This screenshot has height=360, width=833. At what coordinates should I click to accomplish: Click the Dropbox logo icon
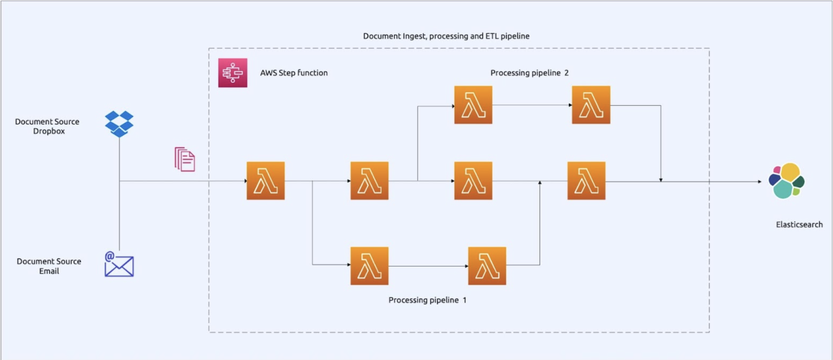pos(119,124)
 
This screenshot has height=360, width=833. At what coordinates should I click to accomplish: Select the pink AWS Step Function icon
pos(232,73)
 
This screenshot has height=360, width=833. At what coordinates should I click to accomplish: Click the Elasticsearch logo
pos(787,181)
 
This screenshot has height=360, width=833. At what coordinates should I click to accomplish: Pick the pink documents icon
pos(185,159)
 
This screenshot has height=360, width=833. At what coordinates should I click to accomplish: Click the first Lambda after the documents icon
pos(266,181)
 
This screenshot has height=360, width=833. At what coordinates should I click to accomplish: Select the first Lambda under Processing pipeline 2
pos(473,105)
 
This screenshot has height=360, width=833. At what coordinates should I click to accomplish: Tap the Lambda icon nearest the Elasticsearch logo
pos(586,181)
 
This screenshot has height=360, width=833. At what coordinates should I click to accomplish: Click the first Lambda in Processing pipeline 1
pos(369,266)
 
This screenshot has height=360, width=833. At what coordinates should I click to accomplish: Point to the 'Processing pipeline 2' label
pos(529,73)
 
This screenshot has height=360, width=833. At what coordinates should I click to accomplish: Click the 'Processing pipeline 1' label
pos(427,300)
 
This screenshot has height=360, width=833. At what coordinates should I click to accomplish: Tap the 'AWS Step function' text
pos(294,73)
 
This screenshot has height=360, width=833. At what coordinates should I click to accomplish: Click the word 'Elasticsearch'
pos(799,225)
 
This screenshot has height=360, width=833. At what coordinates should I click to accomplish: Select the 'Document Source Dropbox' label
pos(47,126)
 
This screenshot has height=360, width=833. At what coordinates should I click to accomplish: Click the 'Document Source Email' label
pos(49,266)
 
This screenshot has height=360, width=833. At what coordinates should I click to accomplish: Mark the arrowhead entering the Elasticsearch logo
pos(759,182)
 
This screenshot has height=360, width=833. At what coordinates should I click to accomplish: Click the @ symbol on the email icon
pos(110,256)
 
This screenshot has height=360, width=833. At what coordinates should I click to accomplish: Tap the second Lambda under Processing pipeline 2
pos(591,105)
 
